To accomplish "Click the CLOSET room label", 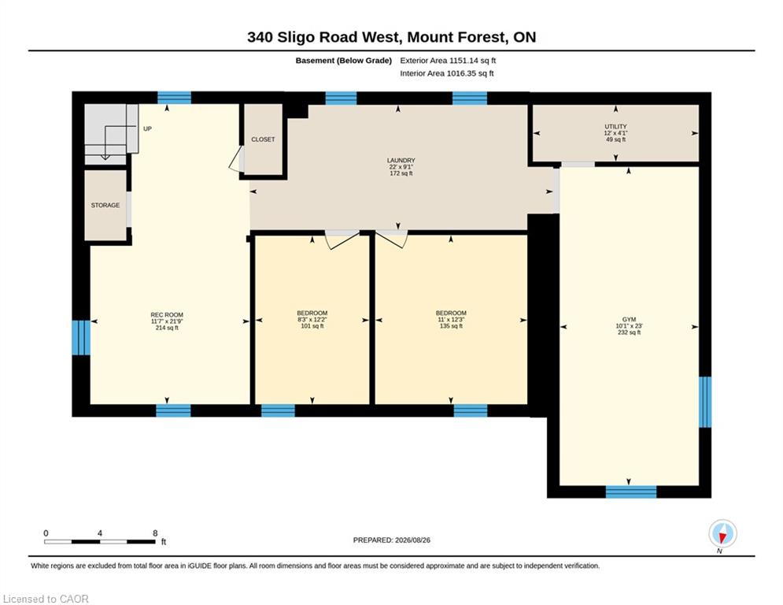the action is coord(263,139).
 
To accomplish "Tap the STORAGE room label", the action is coord(105,205).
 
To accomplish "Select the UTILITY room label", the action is coord(615,127).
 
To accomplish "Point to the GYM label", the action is coord(630,320).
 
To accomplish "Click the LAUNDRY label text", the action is coord(401,161).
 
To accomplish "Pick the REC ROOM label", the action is coord(167,315).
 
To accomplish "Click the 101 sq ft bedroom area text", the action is coord(312,326).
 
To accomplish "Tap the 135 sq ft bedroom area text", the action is coord(451,326).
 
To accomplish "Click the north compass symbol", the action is coord(722,534).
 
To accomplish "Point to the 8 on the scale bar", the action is coord(155,533).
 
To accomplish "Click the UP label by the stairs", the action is coord(147,128).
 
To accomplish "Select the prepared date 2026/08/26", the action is coord(412,540).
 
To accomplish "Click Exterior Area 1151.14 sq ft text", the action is coord(448,61).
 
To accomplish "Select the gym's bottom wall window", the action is coord(631,492).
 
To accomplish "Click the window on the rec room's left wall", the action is coord(81,337).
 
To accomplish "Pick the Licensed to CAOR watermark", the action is coord(46,599).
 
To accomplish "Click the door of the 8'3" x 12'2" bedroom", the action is coord(342,239).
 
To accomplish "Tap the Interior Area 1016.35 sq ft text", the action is coord(447,73).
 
